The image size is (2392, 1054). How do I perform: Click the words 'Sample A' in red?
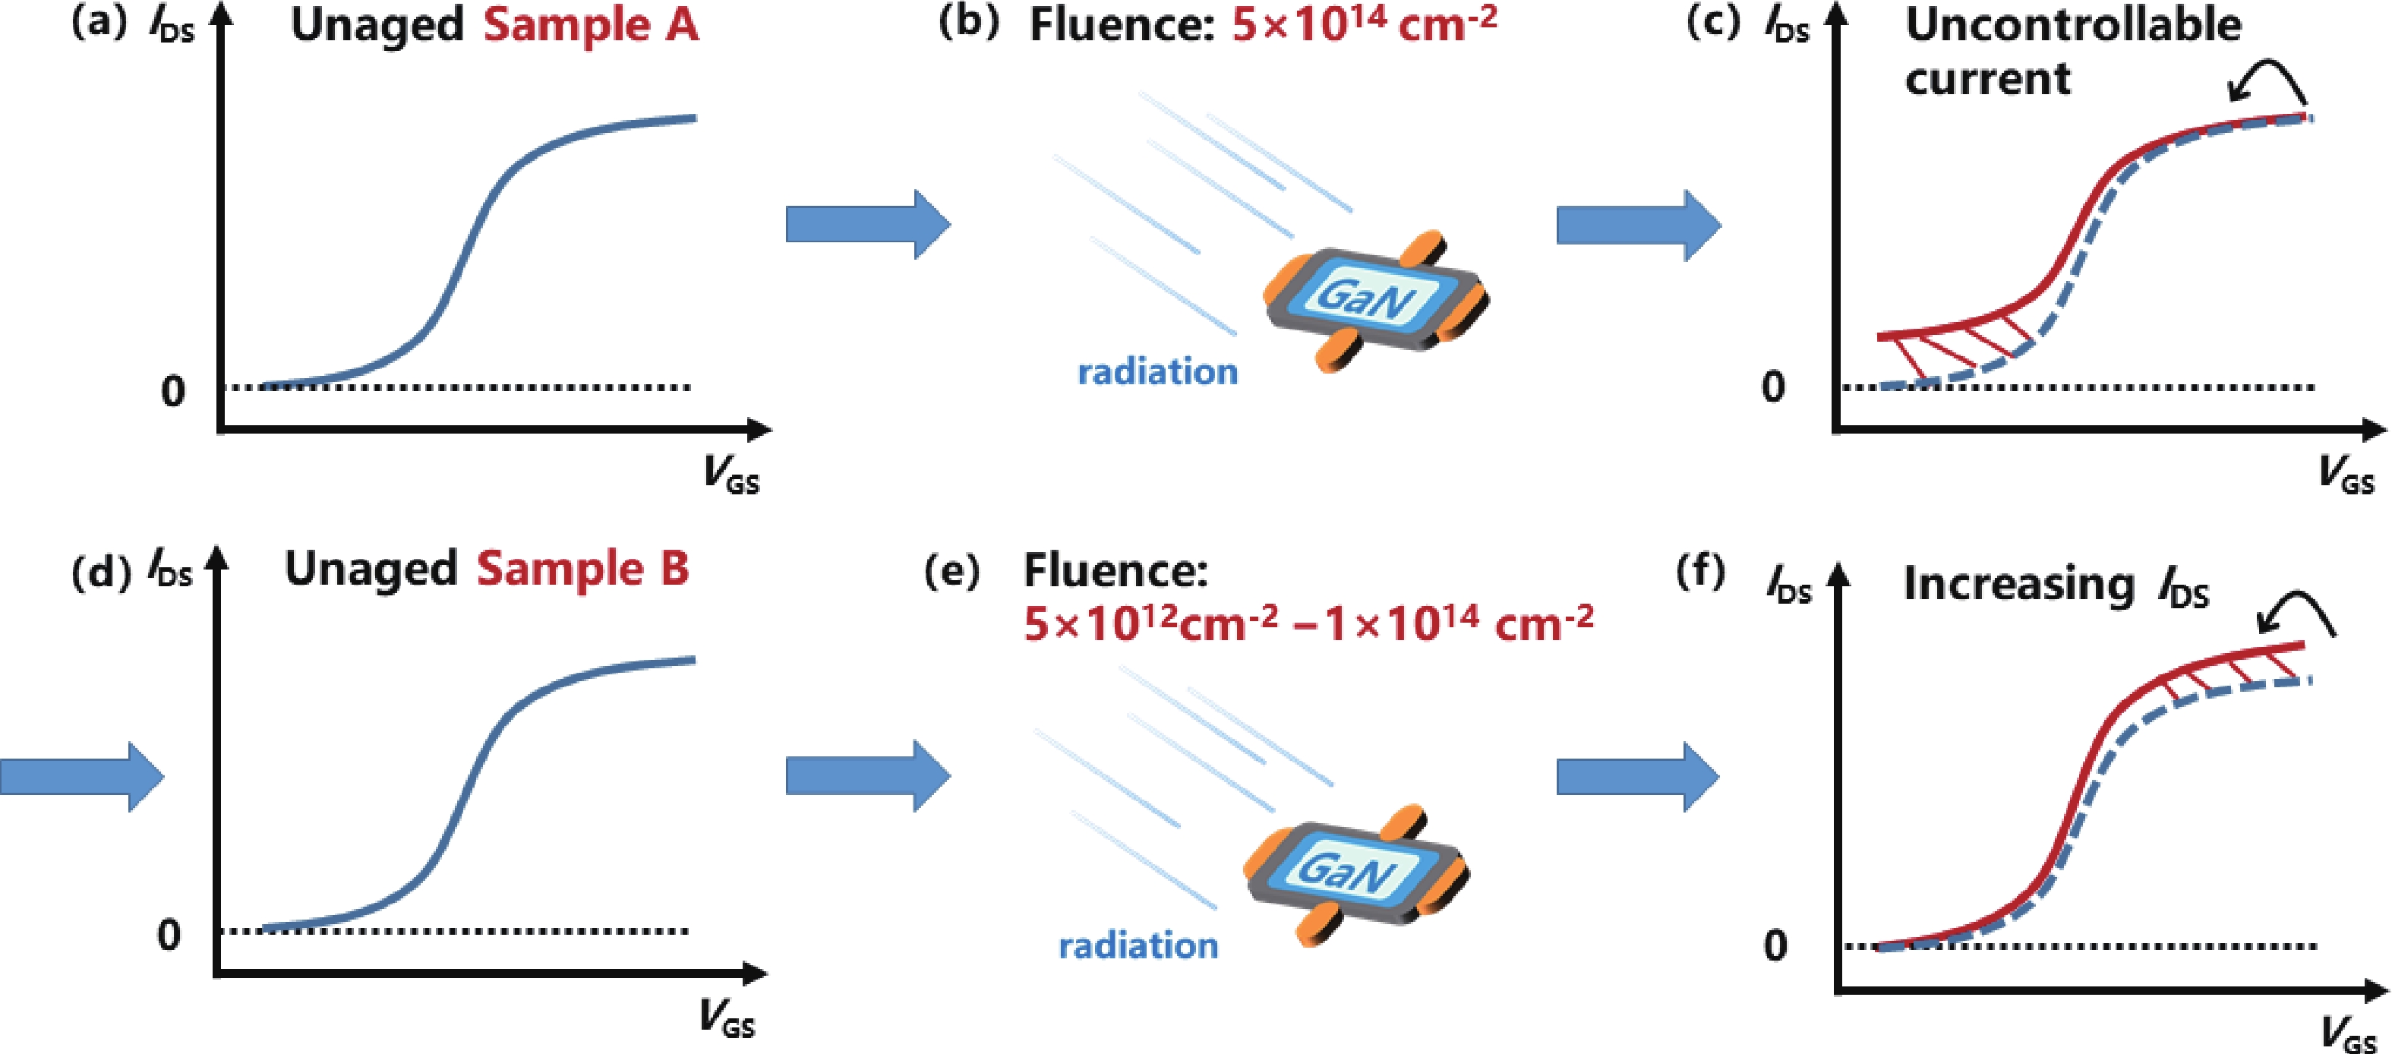pyautogui.click(x=591, y=25)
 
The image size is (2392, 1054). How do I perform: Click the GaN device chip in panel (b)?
pyautogui.click(x=1374, y=299)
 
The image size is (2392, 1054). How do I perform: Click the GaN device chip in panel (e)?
pyautogui.click(x=1355, y=873)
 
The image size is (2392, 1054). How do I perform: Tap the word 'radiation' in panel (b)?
pyautogui.click(x=1157, y=372)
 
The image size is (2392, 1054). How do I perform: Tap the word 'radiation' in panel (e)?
pyautogui.click(x=1138, y=946)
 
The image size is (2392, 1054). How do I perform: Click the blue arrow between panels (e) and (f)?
pyautogui.click(x=1637, y=776)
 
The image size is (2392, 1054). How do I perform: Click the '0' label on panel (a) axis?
pyautogui.click(x=172, y=392)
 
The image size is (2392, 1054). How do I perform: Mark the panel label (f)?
pyautogui.click(x=1700, y=570)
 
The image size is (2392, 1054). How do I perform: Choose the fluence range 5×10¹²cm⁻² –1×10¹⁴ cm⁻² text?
pyautogui.click(x=1308, y=624)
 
